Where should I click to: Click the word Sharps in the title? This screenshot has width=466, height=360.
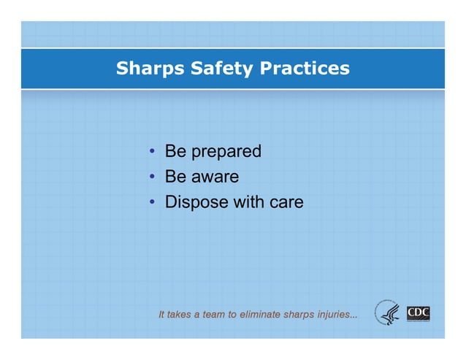pos(148,69)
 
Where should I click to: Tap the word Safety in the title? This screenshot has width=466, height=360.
pos(218,69)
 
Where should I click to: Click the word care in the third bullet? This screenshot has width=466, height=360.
pos(286,202)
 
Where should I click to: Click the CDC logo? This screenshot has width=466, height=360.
pos(418,314)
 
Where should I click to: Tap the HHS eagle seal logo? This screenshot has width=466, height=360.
pos(389,314)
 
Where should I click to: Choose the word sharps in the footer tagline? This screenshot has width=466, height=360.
pos(298,315)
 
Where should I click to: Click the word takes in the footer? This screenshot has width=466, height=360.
pos(178,315)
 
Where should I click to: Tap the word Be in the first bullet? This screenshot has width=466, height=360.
pos(175,152)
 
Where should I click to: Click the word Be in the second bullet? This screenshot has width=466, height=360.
pos(175,177)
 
